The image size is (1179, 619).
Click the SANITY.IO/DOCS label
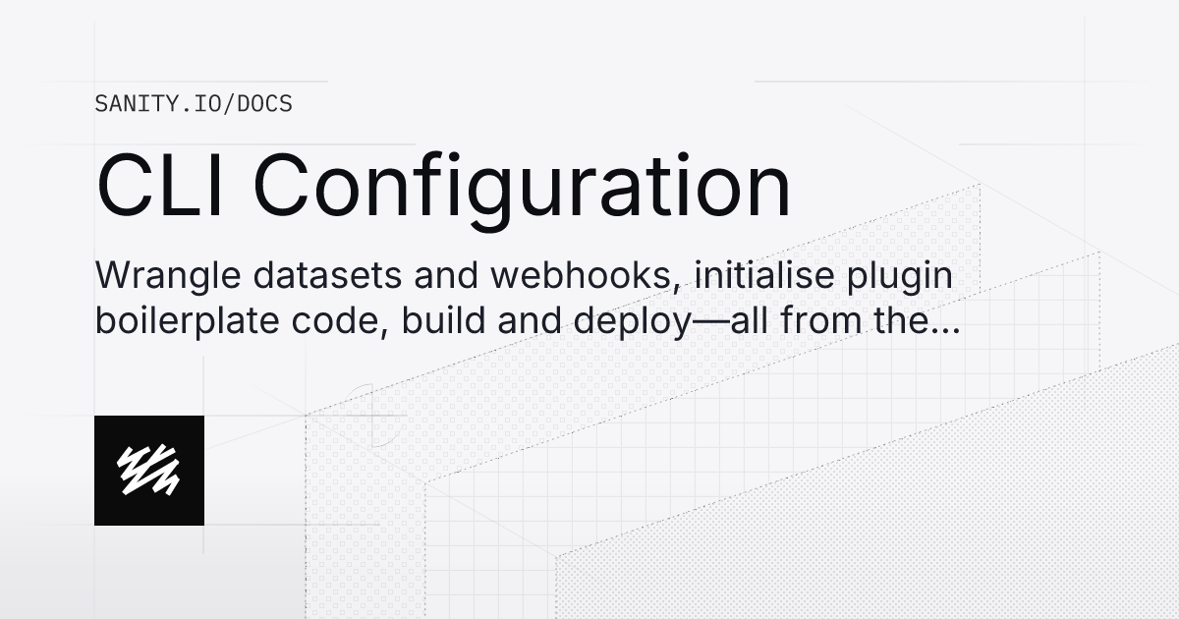point(194,103)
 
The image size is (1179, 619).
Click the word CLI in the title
point(161,187)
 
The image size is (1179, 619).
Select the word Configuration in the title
point(523,189)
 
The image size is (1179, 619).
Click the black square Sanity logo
point(149,471)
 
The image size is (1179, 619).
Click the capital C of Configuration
point(282,187)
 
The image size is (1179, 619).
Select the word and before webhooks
point(446,276)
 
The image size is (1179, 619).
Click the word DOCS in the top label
point(264,103)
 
